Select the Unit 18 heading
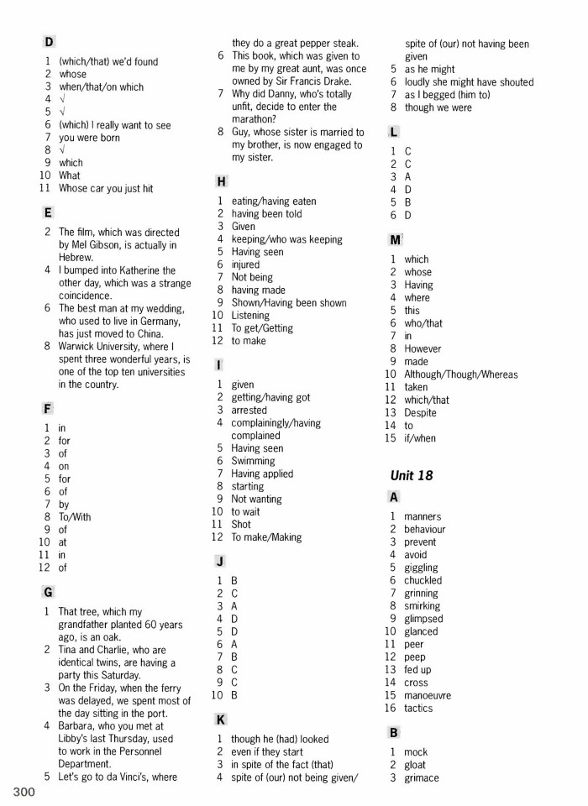pos(412,475)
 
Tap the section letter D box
pos(49,41)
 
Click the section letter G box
pos(49,592)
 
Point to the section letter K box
pos(221,720)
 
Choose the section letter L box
pos(394,132)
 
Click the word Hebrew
pos(76,258)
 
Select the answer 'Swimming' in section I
pos(253,461)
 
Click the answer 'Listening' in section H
pos(250,316)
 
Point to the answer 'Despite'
pos(420,412)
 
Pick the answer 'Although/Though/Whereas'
pos(460,374)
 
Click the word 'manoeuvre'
pos(428,695)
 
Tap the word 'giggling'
pos(421,568)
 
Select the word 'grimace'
pos(421,777)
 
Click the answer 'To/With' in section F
pos(75,517)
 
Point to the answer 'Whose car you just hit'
pos(106,189)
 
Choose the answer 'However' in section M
pos(422,348)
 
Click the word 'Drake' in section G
pos(335,81)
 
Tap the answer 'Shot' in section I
pos(241,525)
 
